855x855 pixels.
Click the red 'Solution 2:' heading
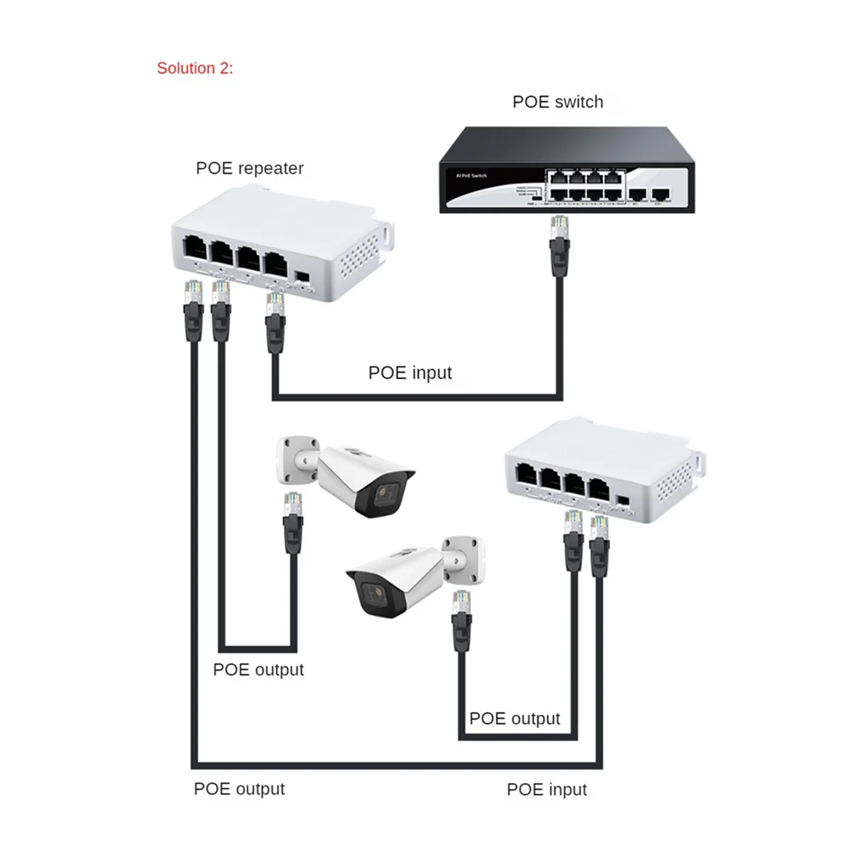195,68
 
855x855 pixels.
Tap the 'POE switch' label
557,102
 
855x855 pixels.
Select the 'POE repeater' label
249,168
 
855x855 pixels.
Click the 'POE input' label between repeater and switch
410,373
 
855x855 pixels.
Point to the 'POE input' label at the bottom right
546,789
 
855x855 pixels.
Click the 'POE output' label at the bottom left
239,789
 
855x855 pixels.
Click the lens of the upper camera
386,494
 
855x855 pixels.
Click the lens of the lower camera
371,593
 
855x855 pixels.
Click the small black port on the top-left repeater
302,276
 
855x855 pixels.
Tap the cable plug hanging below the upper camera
292,507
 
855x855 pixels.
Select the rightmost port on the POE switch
662,193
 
